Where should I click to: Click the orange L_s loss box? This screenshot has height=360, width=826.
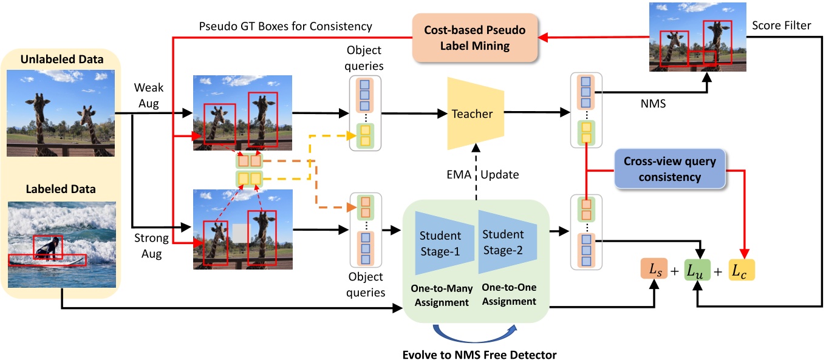tap(653, 270)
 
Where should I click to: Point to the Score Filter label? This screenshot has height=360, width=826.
tap(780, 25)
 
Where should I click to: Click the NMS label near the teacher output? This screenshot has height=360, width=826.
tap(653, 104)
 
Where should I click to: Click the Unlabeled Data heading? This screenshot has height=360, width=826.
tap(61, 59)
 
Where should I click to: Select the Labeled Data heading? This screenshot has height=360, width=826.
tap(61, 189)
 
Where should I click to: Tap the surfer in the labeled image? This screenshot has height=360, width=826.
tap(49, 248)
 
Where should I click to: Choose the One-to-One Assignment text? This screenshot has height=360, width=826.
tap(509, 294)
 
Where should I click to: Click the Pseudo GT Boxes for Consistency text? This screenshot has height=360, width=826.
tap(285, 27)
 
